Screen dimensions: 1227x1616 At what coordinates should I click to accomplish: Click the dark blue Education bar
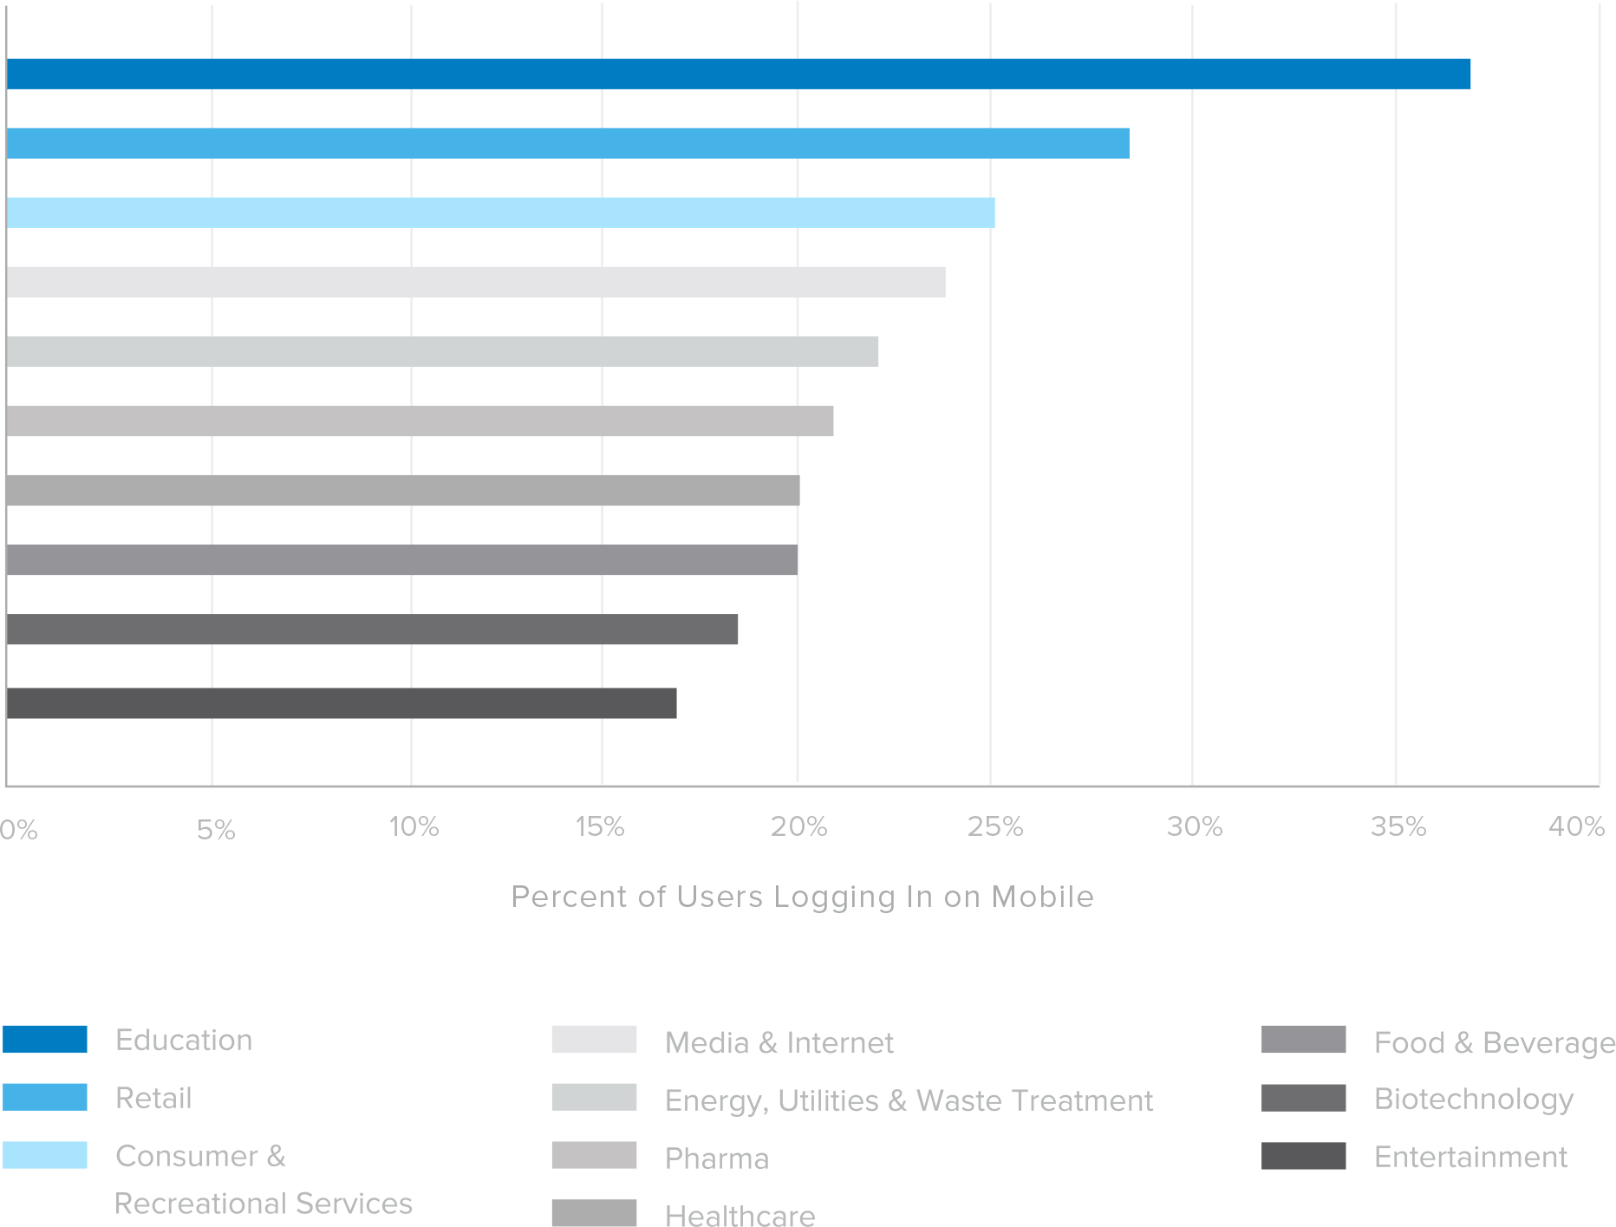pos(737,74)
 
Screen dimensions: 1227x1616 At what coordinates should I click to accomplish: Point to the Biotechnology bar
pos(372,629)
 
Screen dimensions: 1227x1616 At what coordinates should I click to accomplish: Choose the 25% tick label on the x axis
pos(994,827)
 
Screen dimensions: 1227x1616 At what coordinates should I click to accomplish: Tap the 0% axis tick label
pos(19,831)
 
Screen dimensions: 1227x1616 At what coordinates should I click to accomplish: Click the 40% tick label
pos(1576,827)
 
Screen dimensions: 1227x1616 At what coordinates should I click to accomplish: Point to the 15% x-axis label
pos(600,827)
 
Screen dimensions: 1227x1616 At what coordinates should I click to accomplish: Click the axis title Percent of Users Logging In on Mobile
pos(802,897)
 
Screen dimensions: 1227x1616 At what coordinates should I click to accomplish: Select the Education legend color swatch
pos(45,1039)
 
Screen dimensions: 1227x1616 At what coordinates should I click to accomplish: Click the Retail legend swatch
pos(45,1097)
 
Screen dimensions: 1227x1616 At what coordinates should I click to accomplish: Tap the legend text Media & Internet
pos(779,1042)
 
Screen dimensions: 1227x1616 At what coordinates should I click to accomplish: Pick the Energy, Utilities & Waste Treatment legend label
pos(909,1100)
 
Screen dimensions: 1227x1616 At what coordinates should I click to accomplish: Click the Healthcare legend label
pos(740,1216)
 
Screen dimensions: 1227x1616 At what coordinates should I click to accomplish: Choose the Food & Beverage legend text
pos(1495,1042)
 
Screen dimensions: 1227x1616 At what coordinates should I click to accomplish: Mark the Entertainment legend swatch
pos(1303,1156)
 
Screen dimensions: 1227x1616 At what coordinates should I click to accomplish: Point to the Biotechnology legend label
pos(1473,1099)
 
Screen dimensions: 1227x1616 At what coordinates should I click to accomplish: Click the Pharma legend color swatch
pos(594,1155)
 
